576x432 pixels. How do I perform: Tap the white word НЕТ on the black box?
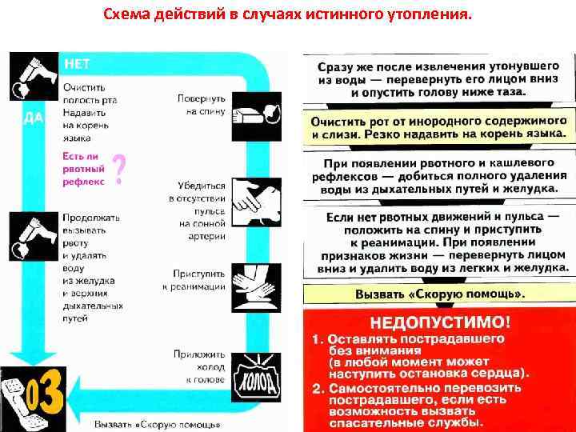(77, 63)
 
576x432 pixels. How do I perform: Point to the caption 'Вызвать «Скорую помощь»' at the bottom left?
(156, 423)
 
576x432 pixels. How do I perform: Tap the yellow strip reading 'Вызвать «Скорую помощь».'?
(438, 294)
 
